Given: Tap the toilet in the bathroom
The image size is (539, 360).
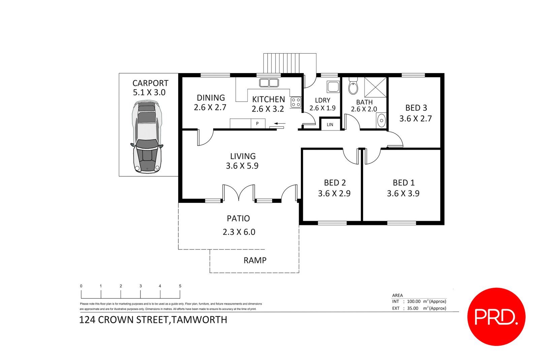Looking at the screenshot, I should point(353,87).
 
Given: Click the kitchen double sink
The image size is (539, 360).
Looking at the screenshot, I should point(269,83).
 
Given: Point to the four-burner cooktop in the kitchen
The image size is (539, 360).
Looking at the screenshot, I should point(296,102).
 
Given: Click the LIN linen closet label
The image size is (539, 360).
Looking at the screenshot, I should point(330,124).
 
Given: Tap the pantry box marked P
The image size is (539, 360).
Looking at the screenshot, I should point(257,123).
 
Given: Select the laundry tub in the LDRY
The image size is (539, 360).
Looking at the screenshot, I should point(333,87).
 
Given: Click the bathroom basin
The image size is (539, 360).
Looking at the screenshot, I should point(381,120).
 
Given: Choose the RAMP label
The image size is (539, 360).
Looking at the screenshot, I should point(255,260).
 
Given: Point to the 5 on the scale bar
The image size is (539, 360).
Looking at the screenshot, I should point(180,286).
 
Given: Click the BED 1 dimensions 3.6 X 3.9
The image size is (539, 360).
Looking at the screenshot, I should point(403,193).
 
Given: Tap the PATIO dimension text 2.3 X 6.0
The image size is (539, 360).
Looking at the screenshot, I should point(239,232).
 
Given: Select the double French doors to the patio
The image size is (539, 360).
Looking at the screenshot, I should point(239,193).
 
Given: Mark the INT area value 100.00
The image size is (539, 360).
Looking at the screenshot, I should point(413,301).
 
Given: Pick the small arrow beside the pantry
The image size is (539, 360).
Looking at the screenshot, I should point(280,124).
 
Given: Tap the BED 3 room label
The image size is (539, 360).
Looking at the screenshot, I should point(416,108).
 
